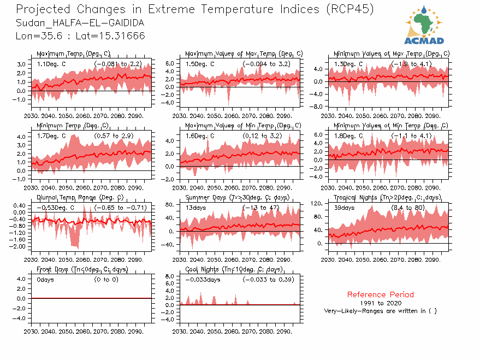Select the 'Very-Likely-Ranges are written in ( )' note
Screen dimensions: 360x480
tap(380, 311)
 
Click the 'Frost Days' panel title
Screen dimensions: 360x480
tap(82, 269)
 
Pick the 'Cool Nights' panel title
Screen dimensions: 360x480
tap(234, 269)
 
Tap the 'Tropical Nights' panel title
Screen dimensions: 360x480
tap(387, 197)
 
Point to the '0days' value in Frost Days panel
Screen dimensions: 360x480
tap(45, 280)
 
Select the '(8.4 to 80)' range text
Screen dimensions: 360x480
tap(410, 208)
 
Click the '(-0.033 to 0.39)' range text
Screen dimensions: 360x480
tap(269, 280)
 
